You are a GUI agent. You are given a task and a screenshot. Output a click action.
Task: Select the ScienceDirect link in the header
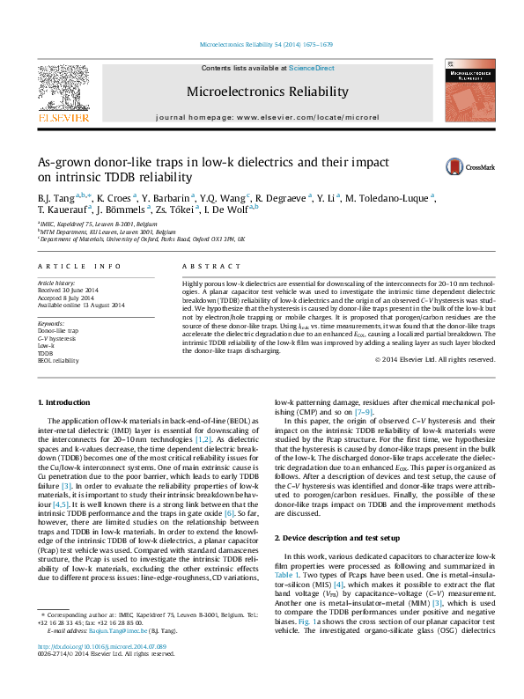(312, 68)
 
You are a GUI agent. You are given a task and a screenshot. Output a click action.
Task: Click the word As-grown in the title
(64, 162)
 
